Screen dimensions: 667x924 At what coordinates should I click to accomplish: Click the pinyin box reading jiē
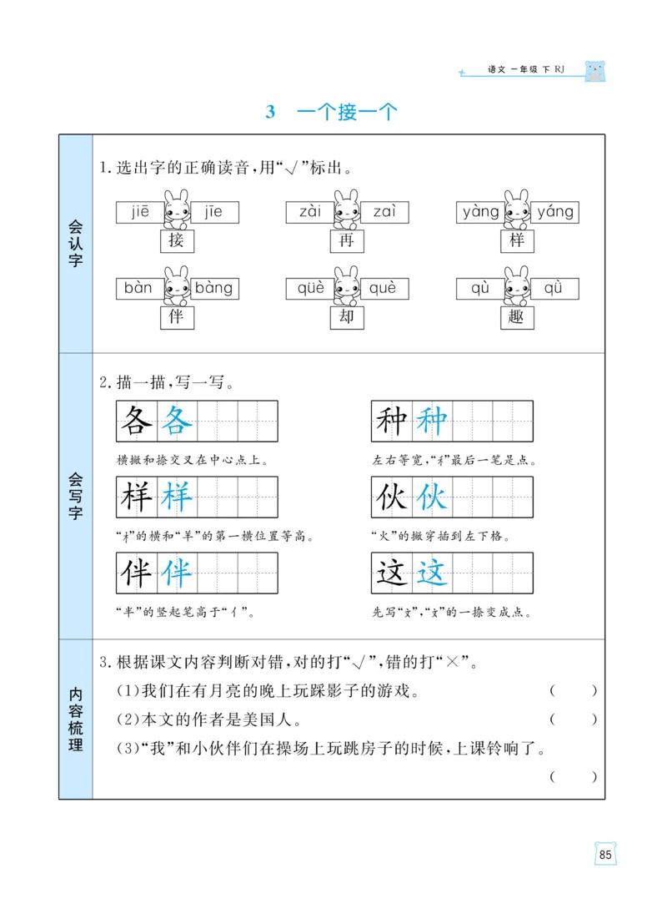139,212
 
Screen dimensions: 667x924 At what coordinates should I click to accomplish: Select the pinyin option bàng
214,289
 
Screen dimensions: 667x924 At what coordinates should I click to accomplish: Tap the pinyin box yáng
554,212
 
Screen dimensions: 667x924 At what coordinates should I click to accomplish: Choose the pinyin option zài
309,212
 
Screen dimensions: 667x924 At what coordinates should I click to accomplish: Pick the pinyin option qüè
309,289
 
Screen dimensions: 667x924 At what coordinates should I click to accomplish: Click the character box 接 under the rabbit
176,241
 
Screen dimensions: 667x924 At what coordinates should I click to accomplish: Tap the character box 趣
516,317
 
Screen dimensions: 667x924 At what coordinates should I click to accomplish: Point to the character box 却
347,317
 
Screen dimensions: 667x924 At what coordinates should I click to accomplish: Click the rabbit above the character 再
346,209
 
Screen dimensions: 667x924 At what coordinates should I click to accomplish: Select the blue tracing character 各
176,422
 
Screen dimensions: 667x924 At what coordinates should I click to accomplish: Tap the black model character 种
391,422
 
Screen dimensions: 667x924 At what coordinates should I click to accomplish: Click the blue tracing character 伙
432,497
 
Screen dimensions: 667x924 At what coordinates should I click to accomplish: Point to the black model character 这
391,573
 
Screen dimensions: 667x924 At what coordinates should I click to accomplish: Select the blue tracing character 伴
176,573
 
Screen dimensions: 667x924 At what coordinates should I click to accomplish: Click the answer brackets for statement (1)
574,691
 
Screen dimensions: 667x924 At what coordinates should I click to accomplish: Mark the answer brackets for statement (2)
574,720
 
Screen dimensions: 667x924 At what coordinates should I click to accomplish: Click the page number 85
605,855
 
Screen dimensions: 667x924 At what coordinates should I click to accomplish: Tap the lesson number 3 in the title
270,113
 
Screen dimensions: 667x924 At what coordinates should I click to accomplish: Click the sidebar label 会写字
76,496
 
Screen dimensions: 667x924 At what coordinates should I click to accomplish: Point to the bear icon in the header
594,71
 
